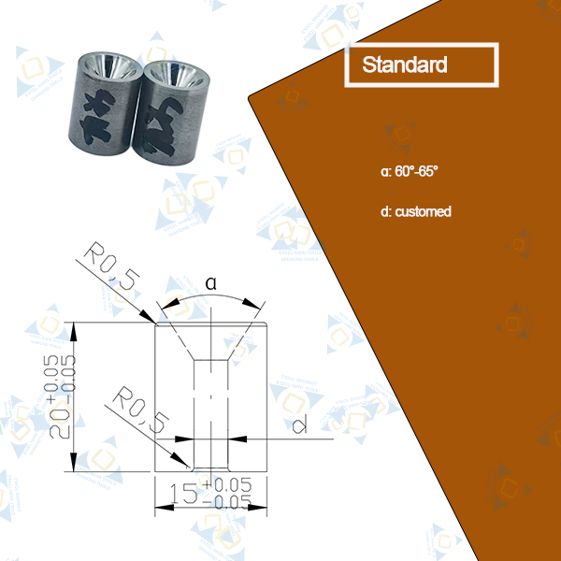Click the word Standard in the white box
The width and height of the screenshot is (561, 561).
coord(404,65)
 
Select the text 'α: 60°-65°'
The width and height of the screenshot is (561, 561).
coord(410,172)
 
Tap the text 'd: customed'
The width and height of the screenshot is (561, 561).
coord(416,211)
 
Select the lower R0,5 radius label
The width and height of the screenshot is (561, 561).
coord(137,412)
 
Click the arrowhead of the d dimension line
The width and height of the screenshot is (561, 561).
coord(237,438)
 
